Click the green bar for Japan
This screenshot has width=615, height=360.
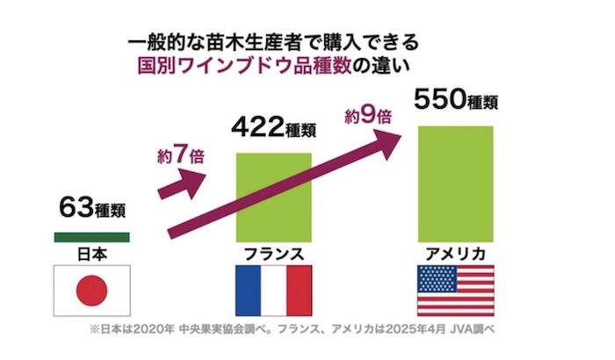[x=91, y=237]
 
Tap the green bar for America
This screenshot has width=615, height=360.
[x=455, y=184]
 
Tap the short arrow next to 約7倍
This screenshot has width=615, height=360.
[x=185, y=185]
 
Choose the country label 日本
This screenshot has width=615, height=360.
[x=92, y=254]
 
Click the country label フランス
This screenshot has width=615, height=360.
[x=273, y=254]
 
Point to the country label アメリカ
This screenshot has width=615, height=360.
[x=455, y=254]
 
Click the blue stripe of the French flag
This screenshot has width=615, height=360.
[x=248, y=291]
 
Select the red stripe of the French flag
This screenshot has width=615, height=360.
[x=299, y=291]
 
